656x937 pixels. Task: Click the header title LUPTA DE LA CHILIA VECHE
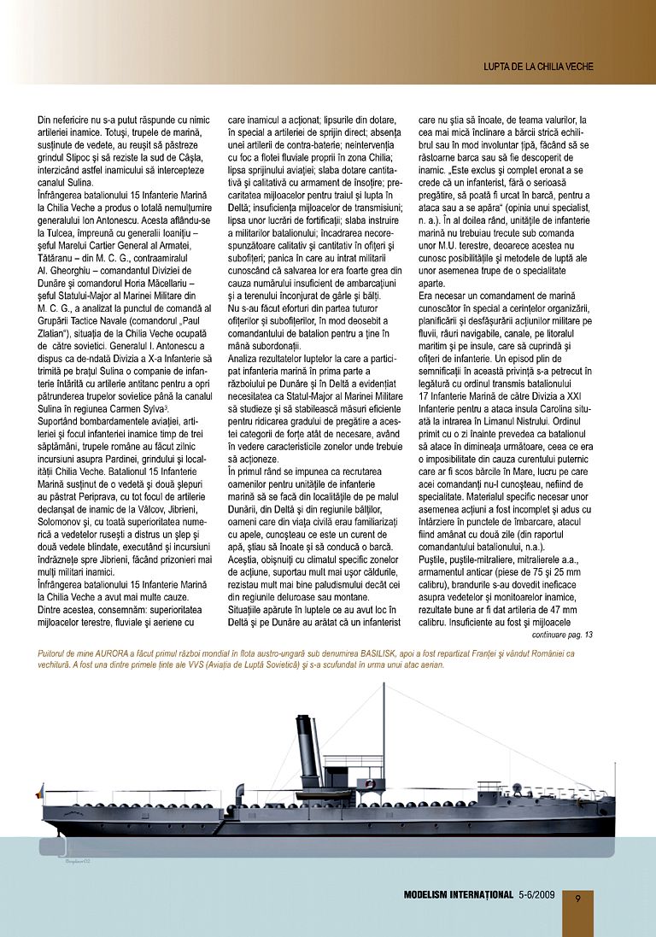click(538, 66)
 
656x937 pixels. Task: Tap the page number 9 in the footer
click(578, 898)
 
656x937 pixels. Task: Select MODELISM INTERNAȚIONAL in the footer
click(459, 895)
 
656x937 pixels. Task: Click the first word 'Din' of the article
click(45, 120)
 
